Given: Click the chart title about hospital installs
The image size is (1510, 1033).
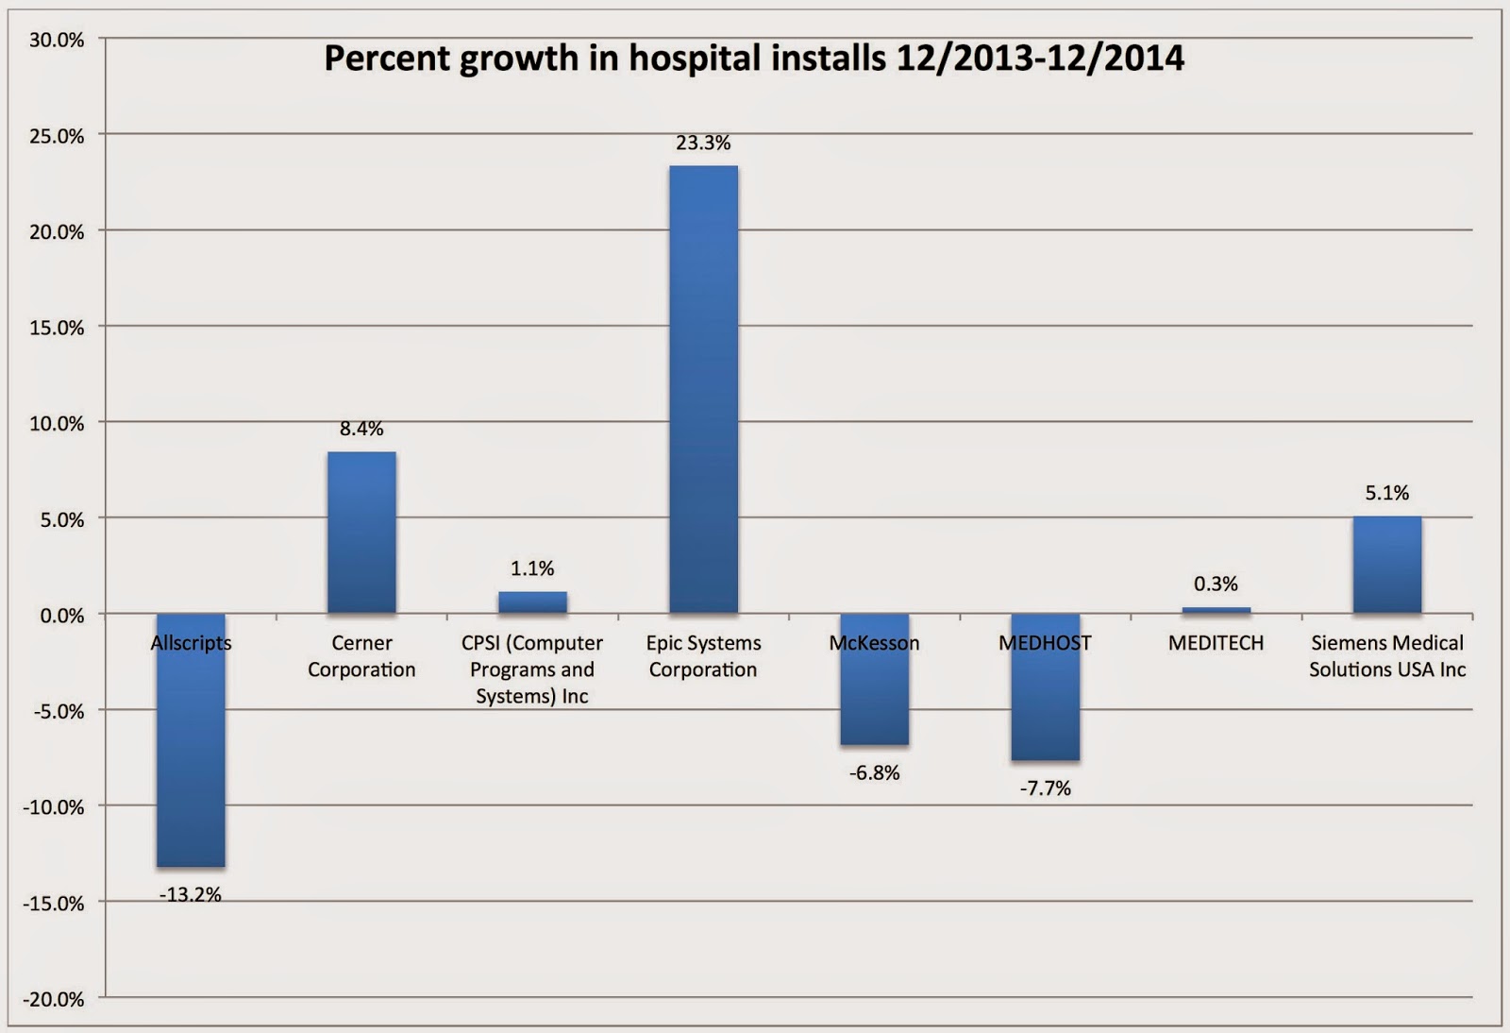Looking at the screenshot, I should [x=753, y=59].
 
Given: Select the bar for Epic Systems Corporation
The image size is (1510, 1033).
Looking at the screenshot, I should [x=703, y=389].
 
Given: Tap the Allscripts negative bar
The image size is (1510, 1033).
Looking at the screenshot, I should [x=191, y=755].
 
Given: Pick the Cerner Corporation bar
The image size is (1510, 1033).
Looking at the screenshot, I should [x=361, y=533].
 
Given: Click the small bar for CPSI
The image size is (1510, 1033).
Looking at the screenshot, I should [x=532, y=602].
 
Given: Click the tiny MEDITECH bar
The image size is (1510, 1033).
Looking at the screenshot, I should [x=1216, y=611].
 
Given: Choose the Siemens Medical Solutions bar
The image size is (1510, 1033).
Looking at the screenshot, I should [x=1386, y=565].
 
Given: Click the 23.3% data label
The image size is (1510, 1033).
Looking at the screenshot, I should [x=703, y=144].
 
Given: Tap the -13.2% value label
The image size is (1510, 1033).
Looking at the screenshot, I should [x=191, y=894].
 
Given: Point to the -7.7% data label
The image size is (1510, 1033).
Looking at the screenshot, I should [x=1045, y=787].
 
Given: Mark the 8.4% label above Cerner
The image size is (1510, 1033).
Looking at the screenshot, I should [x=361, y=429].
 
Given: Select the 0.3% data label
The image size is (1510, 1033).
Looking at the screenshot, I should [x=1216, y=584].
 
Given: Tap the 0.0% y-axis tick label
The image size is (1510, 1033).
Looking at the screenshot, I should [x=59, y=615].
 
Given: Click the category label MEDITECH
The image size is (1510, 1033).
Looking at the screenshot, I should [x=1216, y=643].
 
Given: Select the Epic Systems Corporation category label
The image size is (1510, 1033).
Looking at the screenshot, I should [x=703, y=656].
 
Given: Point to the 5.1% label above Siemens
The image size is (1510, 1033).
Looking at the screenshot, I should [x=1386, y=493].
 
